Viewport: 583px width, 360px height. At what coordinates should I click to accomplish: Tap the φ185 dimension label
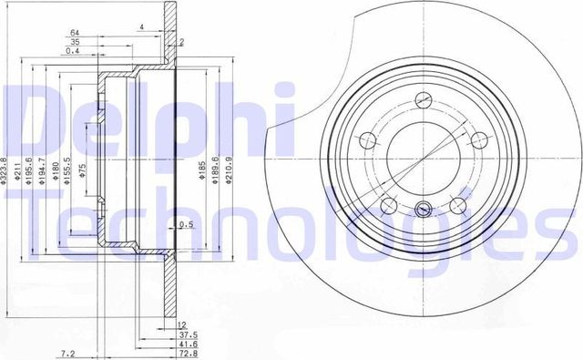[x=195, y=170]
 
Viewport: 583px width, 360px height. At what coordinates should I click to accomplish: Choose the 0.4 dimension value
[x=74, y=52]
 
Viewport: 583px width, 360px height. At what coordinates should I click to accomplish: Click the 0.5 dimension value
[x=187, y=225]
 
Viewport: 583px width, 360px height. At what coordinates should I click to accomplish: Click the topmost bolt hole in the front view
[x=421, y=101]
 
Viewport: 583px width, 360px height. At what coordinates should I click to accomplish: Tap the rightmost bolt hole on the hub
[x=475, y=139]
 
